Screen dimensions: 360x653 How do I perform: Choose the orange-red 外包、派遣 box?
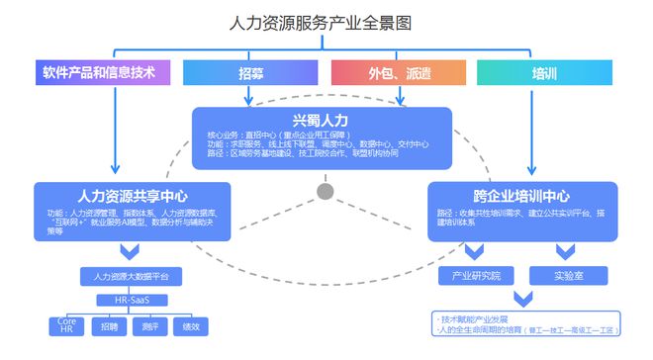pos(399,73)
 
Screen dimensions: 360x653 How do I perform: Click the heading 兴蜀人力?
pos(321,120)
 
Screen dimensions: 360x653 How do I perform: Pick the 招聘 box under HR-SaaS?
pos(109,325)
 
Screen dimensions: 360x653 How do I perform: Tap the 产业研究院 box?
pos(476,275)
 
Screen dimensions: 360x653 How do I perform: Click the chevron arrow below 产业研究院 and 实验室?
pos(518,299)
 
